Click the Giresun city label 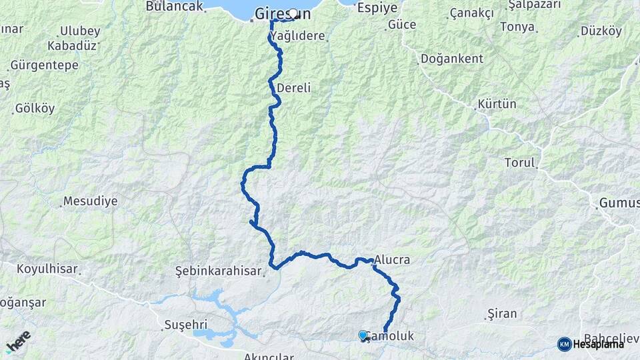point(283,13)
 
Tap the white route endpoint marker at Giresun point(292,13)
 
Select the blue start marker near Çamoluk point(363,335)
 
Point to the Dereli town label point(293,88)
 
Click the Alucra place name point(392,260)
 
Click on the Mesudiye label point(90,201)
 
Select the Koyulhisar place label point(48,270)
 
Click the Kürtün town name point(497,105)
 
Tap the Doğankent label point(451,59)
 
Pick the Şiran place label point(503,313)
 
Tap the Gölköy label point(35,108)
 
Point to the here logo point(18,341)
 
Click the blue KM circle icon point(564,344)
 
